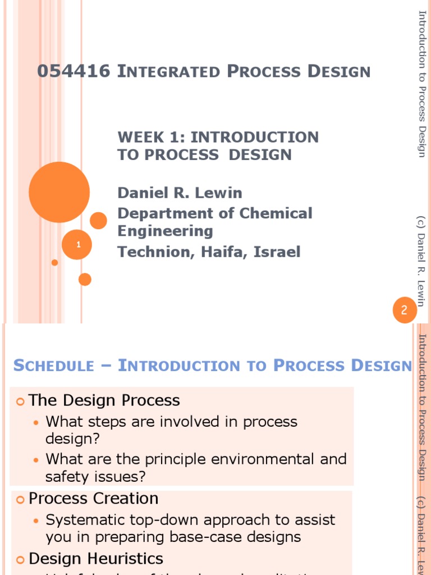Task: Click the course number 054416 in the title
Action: click(x=74, y=72)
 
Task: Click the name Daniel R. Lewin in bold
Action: click(x=180, y=193)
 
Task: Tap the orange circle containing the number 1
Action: click(x=78, y=244)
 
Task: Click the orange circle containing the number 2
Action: click(x=404, y=310)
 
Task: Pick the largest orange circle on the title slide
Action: click(x=59, y=192)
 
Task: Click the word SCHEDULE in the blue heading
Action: click(x=54, y=366)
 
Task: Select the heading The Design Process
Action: click(x=104, y=400)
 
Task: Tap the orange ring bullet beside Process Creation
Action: click(x=20, y=499)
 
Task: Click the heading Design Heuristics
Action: click(x=95, y=558)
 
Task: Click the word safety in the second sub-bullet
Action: click(x=67, y=477)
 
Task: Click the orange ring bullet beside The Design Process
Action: click(x=20, y=401)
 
